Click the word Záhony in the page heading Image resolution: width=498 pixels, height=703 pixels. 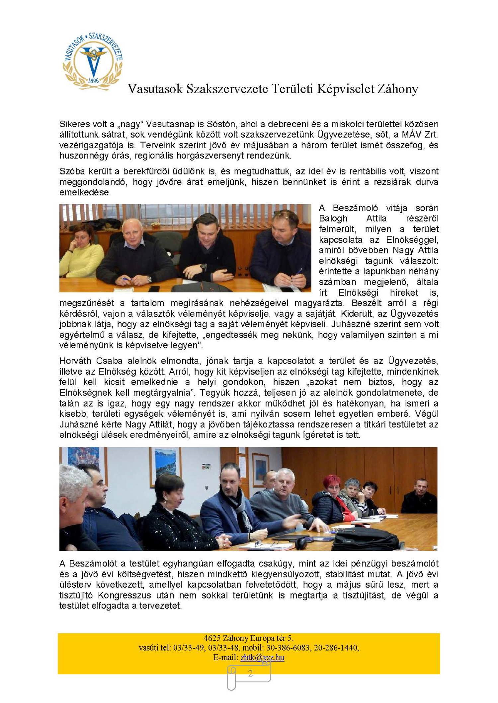click(x=397, y=89)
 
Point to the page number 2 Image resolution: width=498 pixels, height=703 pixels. click(x=250, y=673)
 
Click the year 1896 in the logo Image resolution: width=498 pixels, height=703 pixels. click(x=94, y=81)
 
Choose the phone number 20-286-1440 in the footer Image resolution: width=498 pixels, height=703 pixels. click(x=336, y=647)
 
